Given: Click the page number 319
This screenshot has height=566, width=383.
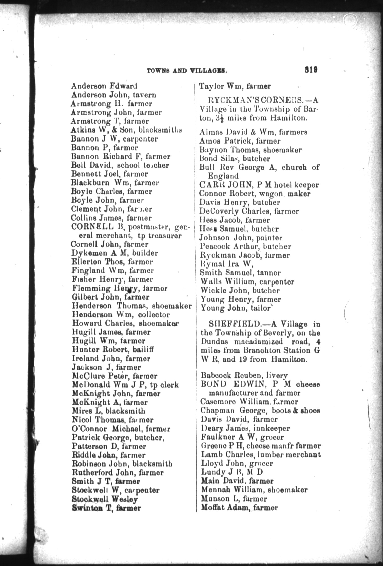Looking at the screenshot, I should click(311, 69).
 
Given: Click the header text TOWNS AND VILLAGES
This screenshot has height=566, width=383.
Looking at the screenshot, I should click(187, 71).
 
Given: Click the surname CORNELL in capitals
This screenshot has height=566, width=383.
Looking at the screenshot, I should click(92, 227).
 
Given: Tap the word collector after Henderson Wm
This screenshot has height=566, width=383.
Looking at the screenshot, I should click(154, 314).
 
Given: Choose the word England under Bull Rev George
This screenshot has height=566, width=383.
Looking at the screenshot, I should click(223, 176).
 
